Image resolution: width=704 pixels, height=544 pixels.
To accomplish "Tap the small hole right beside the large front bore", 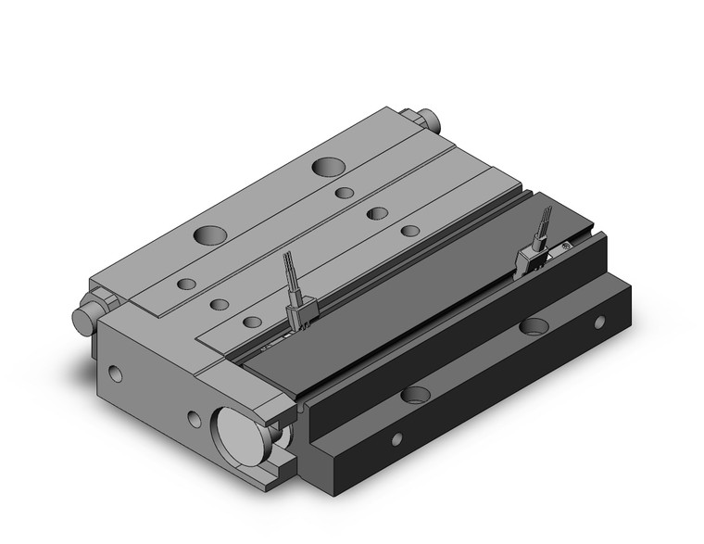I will (194, 419).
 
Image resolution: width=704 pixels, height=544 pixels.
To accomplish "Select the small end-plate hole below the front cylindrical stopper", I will (114, 373).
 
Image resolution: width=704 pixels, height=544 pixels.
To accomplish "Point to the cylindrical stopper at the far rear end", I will (429, 120).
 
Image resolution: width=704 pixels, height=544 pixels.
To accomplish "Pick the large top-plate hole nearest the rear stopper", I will (329, 167).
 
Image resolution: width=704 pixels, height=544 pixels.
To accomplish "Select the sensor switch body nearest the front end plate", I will (303, 316).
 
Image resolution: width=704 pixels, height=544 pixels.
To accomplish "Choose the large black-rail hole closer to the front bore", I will (416, 395).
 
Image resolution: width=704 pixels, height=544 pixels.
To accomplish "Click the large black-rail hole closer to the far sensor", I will (534, 325).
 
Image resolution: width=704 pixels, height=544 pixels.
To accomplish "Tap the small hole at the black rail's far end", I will (599, 322).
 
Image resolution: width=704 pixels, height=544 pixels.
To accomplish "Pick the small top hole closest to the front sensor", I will (252, 323).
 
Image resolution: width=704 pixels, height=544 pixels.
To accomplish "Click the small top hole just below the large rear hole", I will (345, 193).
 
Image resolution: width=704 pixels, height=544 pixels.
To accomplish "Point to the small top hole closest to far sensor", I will (410, 229).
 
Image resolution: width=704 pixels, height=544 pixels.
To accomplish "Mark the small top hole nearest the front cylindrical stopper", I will (186, 284).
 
